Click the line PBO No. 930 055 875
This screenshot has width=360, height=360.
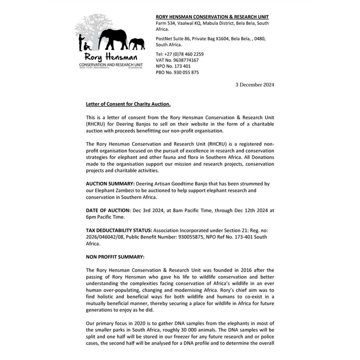pyautogui.click(x=177, y=72)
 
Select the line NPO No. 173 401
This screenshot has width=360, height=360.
pyautogui.click(x=173, y=66)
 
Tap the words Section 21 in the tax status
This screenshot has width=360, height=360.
pyautogui.click(x=237, y=230)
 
